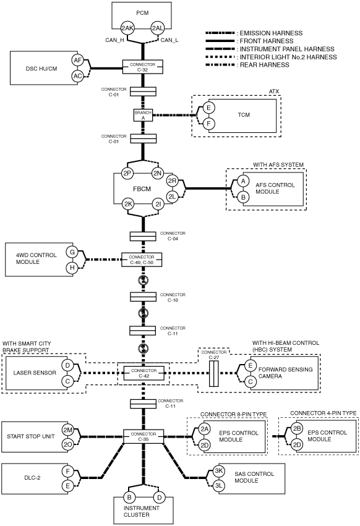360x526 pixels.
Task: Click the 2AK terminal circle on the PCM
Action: [127, 28]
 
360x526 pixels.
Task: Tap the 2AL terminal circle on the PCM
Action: [157, 28]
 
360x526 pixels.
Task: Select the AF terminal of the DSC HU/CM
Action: [77, 61]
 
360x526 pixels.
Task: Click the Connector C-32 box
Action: [143, 67]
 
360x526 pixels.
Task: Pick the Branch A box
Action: [143, 115]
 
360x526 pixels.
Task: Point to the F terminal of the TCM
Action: [208, 124]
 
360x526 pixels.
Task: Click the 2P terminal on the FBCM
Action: [127, 174]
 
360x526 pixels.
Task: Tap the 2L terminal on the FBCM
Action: [172, 197]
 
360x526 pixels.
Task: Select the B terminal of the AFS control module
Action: [243, 197]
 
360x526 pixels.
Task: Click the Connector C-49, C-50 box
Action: [142, 260]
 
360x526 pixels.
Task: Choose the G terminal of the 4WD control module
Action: [72, 252]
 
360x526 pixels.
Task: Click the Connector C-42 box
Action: [144, 373]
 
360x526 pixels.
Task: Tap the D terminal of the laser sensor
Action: [67, 365]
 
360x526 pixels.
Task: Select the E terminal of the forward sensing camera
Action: [250, 366]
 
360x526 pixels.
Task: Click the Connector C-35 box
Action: [144, 436]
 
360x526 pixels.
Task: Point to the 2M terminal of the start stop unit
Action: [67, 430]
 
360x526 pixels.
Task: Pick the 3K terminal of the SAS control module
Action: [219, 470]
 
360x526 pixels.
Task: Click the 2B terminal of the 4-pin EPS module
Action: [296, 429]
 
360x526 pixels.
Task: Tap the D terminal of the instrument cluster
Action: [159, 498]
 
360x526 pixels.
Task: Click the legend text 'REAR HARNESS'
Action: [264, 65]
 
